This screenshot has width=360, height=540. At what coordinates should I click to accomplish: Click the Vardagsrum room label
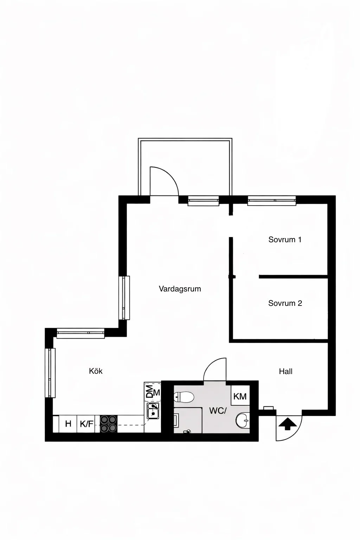click(180, 289)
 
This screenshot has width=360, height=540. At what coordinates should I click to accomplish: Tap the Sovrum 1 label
click(285, 240)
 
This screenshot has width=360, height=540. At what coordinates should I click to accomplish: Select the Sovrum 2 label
click(285, 303)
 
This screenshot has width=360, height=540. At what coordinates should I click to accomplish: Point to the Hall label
click(285, 371)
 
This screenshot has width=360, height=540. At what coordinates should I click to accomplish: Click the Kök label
click(96, 371)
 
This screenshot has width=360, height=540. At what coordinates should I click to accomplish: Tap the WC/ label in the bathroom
click(218, 410)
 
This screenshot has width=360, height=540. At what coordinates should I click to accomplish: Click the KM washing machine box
click(240, 397)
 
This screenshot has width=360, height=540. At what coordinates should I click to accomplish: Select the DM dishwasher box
click(153, 392)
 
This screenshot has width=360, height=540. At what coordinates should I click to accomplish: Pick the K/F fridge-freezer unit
click(87, 424)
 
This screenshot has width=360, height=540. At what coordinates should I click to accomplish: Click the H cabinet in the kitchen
click(68, 424)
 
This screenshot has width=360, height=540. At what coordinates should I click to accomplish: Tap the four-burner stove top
click(109, 424)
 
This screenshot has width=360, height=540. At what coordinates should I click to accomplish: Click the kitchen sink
click(153, 411)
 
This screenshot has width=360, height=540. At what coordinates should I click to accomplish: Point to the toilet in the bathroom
click(184, 398)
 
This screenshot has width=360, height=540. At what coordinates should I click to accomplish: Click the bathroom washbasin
click(242, 419)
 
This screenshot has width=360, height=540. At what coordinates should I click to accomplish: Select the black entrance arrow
click(287, 424)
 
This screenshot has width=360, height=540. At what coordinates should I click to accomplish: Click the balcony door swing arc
click(165, 179)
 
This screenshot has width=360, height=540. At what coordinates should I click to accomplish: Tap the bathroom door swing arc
click(214, 369)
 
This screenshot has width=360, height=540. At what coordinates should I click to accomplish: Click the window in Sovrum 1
click(271, 201)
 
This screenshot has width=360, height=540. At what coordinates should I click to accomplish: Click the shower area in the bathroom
click(188, 420)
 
